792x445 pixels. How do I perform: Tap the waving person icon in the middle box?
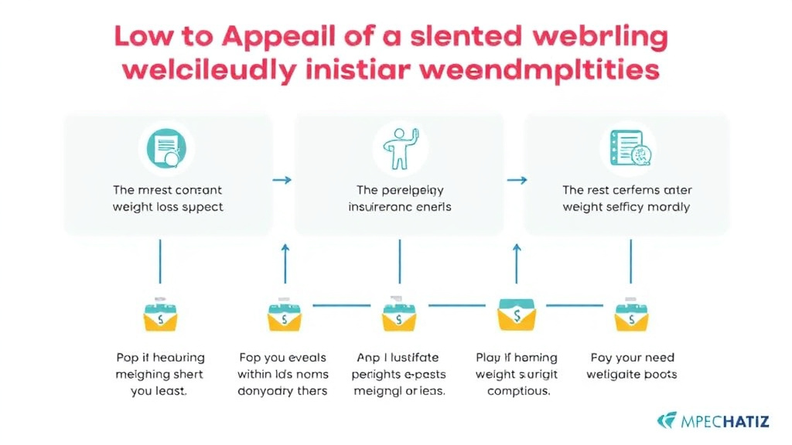click(399, 147)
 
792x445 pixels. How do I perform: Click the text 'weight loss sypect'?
click(168, 207)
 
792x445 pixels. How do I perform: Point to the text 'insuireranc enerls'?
click(400, 207)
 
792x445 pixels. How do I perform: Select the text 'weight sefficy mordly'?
click(626, 207)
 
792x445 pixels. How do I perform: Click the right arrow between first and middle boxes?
click(283, 180)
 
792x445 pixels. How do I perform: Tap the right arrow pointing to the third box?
click(517, 180)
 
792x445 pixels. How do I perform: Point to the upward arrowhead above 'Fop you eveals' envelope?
click(284, 248)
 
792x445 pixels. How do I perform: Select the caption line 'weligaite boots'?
click(632, 375)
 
